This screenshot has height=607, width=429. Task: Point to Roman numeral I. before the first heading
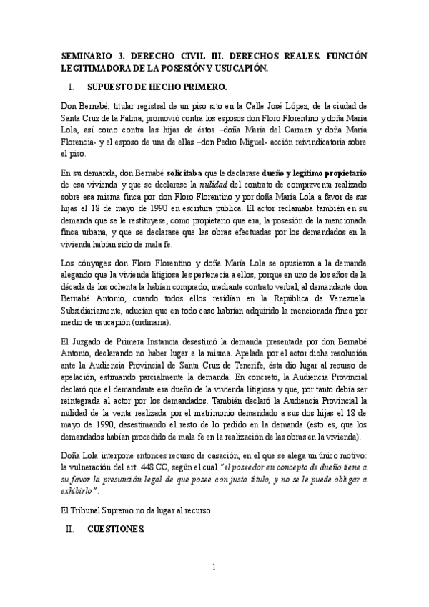(x=70, y=88)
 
